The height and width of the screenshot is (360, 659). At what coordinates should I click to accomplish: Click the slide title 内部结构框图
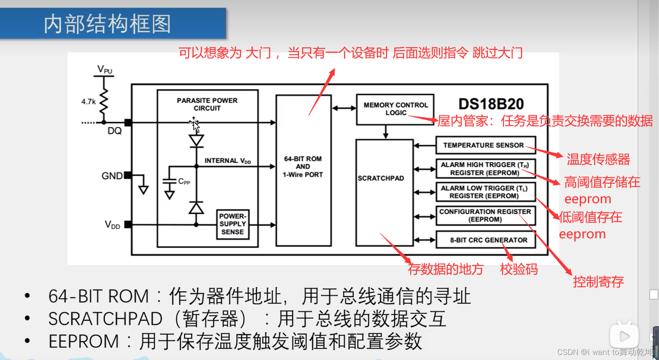107,24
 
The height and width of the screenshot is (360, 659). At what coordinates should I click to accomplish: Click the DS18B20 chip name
491,104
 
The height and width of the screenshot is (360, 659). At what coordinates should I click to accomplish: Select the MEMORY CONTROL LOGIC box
395,109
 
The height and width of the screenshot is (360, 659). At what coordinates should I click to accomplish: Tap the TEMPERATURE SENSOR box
485,145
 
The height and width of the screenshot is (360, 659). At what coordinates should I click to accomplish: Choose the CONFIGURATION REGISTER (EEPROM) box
485,215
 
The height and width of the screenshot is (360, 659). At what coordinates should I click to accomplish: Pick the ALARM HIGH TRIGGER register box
485,169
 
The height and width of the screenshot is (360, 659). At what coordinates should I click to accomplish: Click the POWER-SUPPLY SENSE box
232,224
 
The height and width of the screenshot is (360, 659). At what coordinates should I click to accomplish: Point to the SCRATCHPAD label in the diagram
381,178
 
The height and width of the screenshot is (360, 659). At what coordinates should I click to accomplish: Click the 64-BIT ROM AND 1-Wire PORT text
303,166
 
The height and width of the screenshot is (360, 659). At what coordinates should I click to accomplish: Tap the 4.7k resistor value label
89,102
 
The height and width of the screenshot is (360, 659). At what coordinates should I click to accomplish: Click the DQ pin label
114,131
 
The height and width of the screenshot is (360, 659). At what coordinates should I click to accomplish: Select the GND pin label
112,176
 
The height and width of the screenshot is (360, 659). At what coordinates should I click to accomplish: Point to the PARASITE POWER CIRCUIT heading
207,104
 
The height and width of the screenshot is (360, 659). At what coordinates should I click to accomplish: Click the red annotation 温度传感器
598,159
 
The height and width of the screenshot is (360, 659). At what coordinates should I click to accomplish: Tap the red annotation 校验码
519,269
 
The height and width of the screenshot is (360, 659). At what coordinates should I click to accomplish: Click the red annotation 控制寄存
598,281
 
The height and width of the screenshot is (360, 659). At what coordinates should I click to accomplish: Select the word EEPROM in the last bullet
84,341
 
